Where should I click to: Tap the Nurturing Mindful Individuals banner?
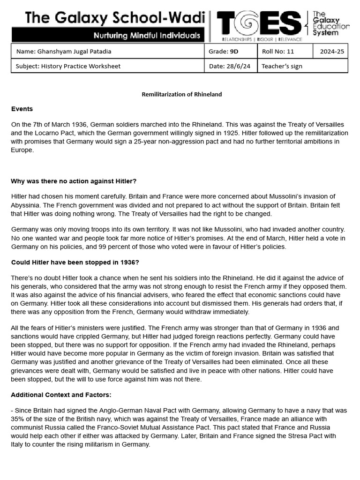click(x=147, y=35)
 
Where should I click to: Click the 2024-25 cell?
click(x=331, y=52)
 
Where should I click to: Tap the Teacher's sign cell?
click(x=303, y=66)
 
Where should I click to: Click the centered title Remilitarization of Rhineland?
click(x=182, y=94)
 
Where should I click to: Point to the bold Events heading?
click(x=22, y=109)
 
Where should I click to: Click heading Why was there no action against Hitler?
click(x=74, y=181)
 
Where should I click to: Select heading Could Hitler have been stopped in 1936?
click(x=75, y=262)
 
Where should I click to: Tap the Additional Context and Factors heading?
click(x=61, y=395)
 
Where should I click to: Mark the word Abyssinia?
click(x=26, y=205)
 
